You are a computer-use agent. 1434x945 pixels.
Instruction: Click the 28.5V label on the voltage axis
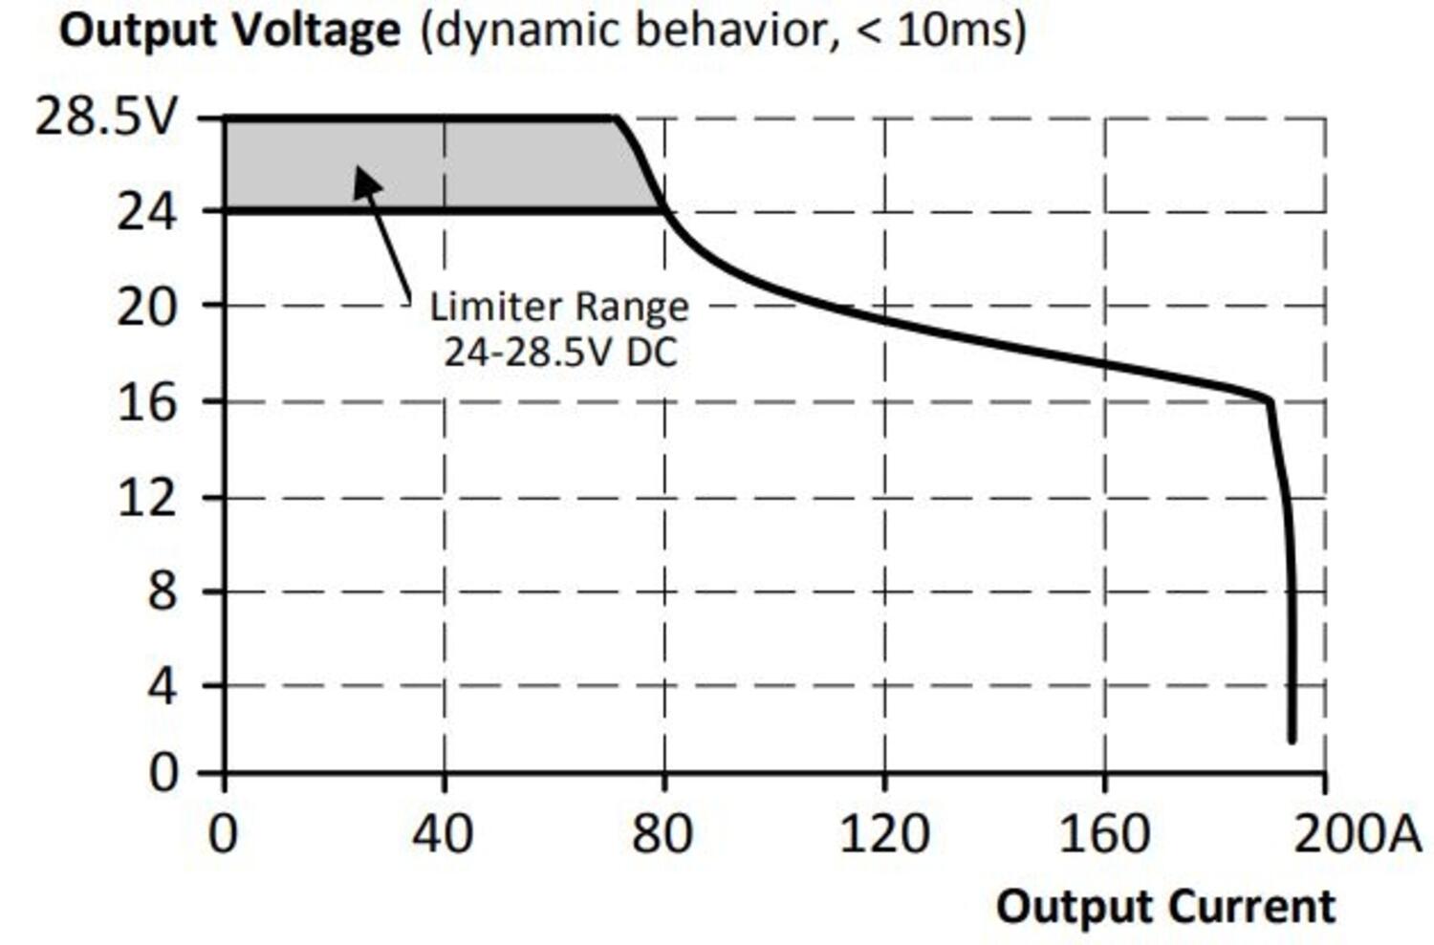tap(106, 118)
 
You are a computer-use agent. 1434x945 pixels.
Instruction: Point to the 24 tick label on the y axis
tap(146, 212)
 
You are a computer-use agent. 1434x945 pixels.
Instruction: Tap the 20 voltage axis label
tap(146, 308)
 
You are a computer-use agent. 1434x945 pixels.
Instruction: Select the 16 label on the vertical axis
tap(146, 403)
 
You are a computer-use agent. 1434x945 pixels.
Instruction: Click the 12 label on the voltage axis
tap(146, 498)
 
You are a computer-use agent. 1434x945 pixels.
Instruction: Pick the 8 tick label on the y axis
tap(162, 592)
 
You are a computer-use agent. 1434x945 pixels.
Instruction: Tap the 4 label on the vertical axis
tap(162, 686)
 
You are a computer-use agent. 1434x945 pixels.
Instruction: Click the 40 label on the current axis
tap(442, 834)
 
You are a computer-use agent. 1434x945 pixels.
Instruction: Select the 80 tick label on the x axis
tap(663, 834)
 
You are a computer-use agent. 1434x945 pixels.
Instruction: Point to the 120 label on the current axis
tap(883, 834)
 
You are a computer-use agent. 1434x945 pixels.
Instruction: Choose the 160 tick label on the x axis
tap(1104, 834)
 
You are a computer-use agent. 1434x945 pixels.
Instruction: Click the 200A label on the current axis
tap(1358, 834)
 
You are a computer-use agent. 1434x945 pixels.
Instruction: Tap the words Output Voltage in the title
tap(229, 31)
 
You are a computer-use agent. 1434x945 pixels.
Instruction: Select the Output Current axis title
tap(1165, 906)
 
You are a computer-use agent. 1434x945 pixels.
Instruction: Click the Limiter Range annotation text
tap(559, 308)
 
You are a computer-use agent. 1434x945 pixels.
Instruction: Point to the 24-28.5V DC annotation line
tap(560, 353)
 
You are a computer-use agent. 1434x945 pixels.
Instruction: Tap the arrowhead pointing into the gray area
tap(365, 180)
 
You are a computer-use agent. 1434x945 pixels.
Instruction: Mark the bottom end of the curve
tap(1292, 737)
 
